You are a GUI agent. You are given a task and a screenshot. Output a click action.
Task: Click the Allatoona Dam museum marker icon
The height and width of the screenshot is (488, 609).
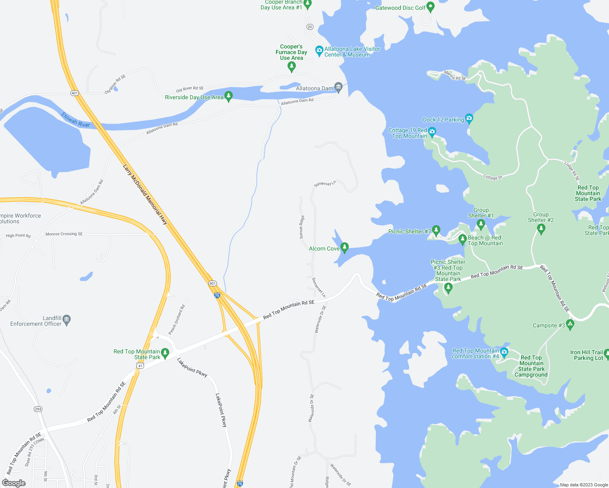click(x=338, y=87)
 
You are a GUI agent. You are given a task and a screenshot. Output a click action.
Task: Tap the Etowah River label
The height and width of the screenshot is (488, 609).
click(x=76, y=120)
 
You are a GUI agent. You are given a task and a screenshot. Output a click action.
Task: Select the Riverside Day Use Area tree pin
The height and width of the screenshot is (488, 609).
click(x=228, y=96)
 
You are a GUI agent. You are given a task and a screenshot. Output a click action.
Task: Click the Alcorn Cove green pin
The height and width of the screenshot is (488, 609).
click(x=344, y=247)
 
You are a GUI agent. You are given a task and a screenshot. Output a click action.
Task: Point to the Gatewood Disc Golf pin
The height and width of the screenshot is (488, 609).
click(x=431, y=7)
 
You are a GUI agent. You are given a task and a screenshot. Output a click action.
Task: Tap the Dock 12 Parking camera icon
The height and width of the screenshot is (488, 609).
click(x=469, y=119)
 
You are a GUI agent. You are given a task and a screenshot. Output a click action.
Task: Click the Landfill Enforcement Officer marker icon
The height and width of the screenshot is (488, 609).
click(x=67, y=320)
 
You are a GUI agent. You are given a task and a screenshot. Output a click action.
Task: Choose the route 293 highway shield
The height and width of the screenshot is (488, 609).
click(x=38, y=409)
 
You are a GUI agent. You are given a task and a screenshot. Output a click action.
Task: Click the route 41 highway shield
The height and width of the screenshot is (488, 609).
click(x=140, y=366)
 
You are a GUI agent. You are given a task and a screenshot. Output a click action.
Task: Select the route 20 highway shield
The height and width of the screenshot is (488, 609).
click(x=310, y=27)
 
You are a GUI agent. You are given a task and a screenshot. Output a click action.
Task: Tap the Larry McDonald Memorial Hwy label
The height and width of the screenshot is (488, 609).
click(x=145, y=194)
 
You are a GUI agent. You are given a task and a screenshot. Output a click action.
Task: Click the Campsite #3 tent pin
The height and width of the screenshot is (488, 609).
click(x=570, y=325)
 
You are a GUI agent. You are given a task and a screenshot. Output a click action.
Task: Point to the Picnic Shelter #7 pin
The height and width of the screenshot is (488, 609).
click(x=436, y=231)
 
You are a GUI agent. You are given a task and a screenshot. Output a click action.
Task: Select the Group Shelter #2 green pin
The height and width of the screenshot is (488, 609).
click(x=541, y=229)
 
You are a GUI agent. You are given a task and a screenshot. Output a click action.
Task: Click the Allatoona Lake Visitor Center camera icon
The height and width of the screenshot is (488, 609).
click(x=319, y=51)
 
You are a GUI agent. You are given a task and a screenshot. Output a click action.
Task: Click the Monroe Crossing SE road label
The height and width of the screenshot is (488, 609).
click(x=64, y=234)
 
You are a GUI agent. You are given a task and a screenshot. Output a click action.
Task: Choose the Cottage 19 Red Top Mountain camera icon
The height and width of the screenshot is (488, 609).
click(x=432, y=132)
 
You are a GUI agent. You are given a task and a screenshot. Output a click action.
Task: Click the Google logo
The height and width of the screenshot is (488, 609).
click(x=13, y=483)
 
